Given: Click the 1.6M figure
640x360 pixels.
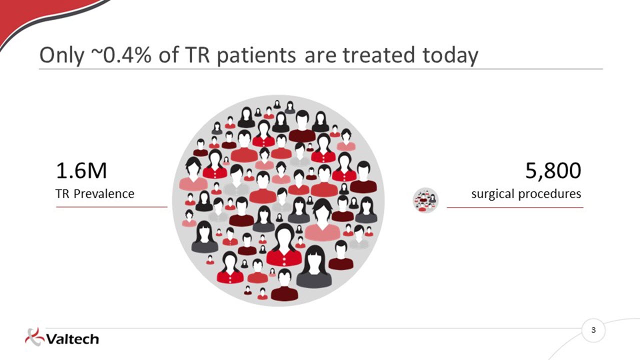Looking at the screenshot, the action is [81, 171].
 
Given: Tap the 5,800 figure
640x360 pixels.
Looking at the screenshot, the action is [553, 171].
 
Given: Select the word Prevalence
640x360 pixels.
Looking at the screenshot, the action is [104, 193].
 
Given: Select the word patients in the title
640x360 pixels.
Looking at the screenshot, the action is [256, 55].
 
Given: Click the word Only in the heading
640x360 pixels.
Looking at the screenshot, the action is [61, 55].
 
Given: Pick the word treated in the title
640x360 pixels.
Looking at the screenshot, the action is [378, 55].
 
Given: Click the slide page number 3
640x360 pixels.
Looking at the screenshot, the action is [593, 330].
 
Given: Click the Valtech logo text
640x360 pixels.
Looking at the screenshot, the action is [72, 339].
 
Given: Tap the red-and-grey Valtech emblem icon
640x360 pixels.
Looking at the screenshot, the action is [34, 337].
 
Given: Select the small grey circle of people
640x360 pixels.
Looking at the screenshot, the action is [425, 200].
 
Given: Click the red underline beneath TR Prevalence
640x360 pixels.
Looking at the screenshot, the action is [111, 207].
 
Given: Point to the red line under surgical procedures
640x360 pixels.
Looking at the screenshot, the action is [515, 207].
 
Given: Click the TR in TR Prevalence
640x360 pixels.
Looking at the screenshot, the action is [63, 193].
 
